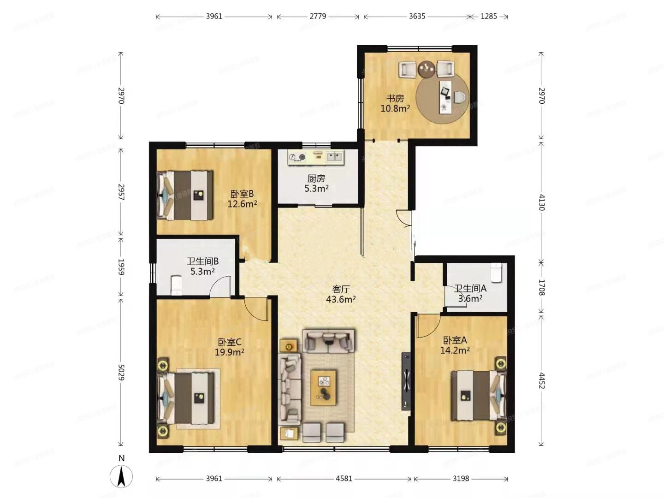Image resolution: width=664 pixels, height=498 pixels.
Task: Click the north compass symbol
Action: (121, 475)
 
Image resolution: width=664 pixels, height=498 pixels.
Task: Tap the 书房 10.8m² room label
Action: (395, 103)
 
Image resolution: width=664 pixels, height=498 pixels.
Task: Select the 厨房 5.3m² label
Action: (316, 183)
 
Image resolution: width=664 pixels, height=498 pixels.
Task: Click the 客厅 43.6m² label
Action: (341, 294)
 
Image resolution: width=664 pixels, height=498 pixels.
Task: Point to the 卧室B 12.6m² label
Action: (242, 199)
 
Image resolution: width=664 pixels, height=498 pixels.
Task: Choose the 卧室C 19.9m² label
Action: (229, 347)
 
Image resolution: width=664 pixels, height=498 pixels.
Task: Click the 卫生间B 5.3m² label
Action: (202, 266)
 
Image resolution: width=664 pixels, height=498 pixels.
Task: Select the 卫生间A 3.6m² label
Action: (470, 293)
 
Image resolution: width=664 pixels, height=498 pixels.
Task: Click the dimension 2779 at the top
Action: (318, 16)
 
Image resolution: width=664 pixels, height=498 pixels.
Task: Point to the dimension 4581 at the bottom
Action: (344, 479)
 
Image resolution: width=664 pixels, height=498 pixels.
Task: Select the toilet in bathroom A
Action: (496, 273)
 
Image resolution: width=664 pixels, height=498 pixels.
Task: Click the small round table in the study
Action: (427, 69)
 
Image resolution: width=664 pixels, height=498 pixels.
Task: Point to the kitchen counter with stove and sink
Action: (316, 157)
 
